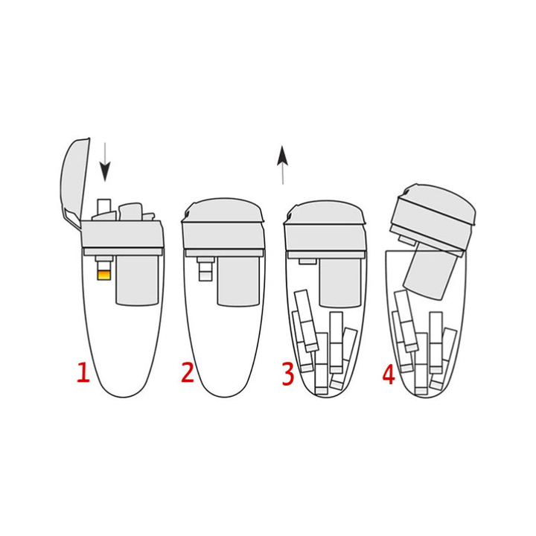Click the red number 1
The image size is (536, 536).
83,372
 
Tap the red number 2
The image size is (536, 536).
188,372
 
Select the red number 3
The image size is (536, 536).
288,374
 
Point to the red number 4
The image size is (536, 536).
389,374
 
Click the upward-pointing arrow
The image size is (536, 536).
283,165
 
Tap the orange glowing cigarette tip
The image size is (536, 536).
104,275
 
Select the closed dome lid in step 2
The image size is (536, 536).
223,211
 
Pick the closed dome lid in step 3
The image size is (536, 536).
325,213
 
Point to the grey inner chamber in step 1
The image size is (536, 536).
138,281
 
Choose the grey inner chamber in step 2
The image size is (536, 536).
239,281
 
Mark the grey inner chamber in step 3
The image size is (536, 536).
339,282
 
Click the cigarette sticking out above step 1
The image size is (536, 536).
104,207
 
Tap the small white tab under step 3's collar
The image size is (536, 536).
307,261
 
